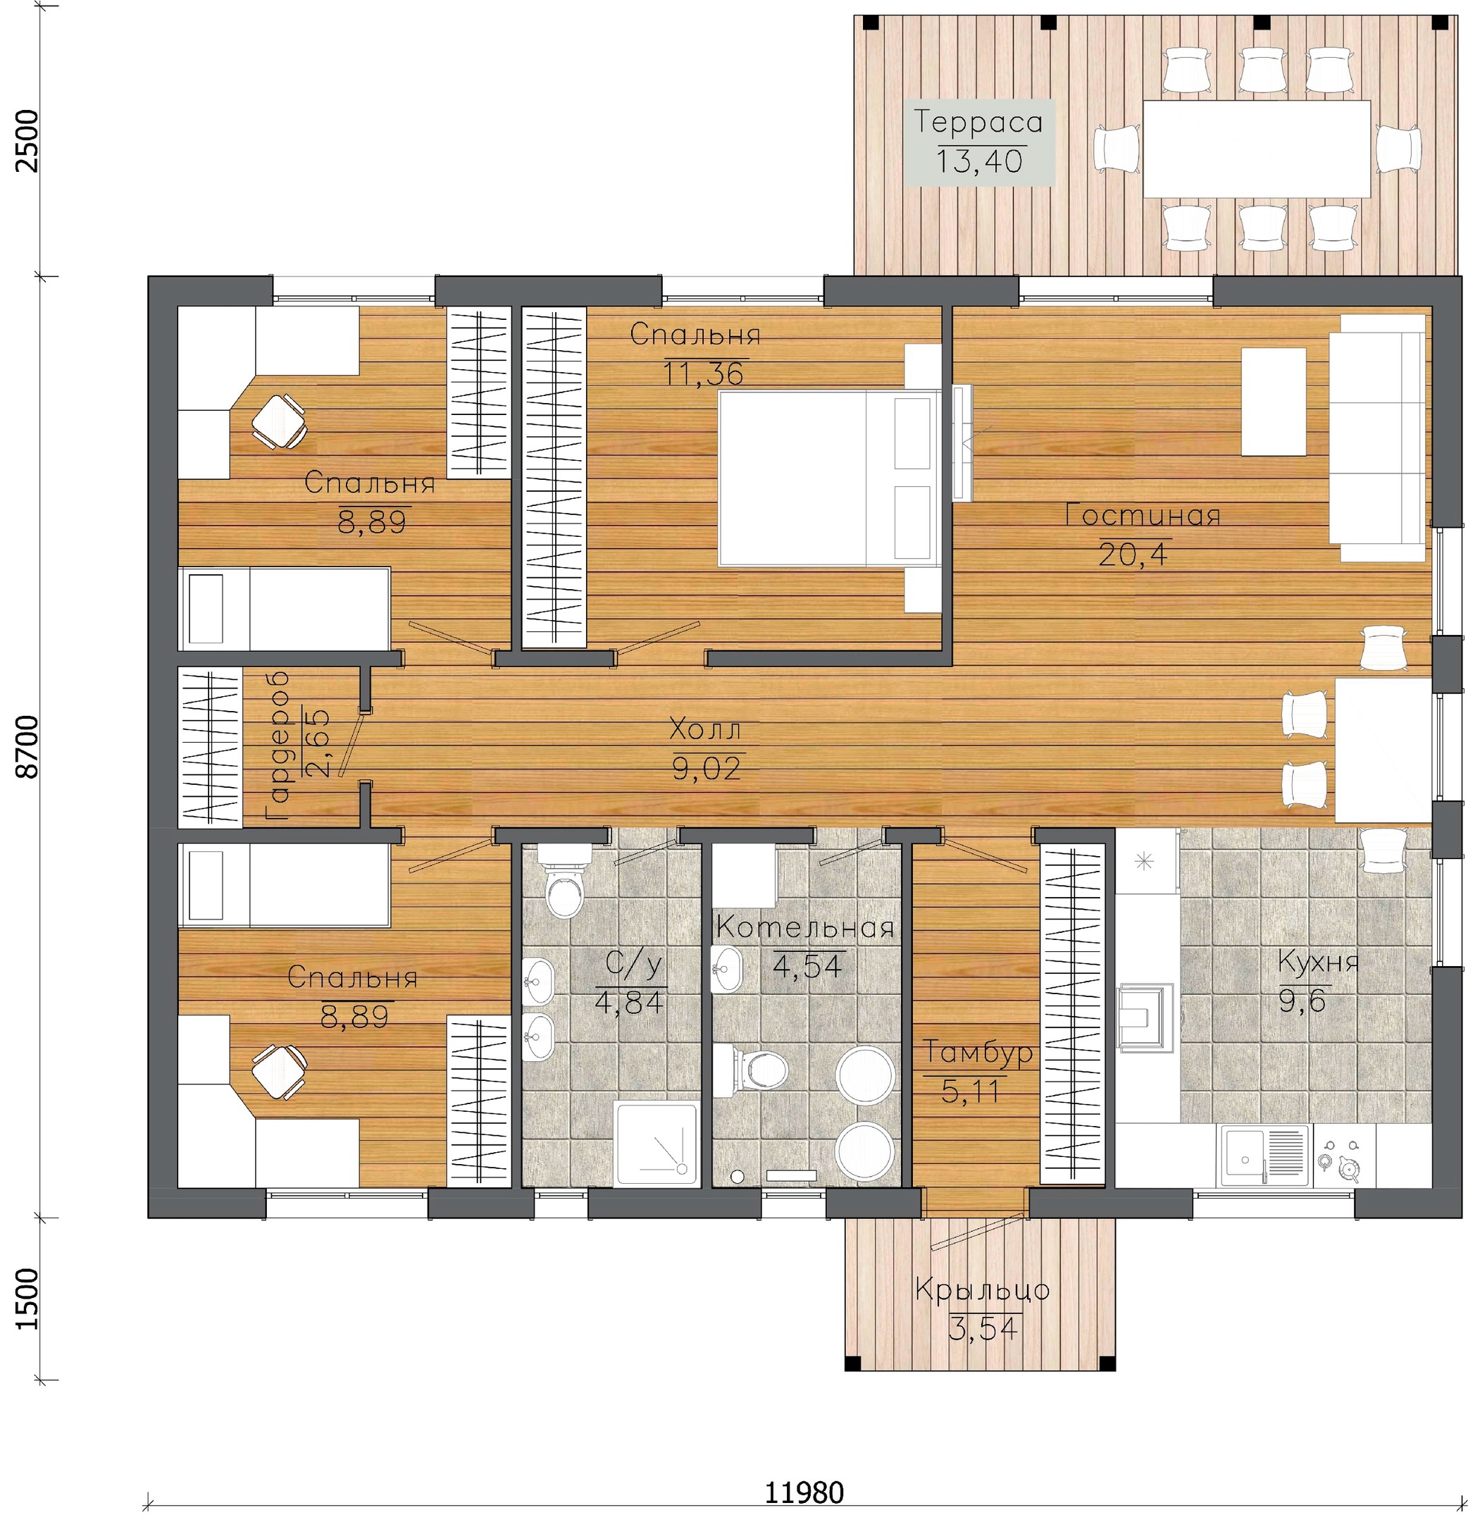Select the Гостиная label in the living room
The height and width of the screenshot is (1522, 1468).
pos(1142,516)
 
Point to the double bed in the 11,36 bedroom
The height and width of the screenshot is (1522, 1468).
pos(828,478)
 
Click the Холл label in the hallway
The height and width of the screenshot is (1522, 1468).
pos(705,730)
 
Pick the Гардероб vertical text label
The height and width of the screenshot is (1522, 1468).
pos(278,745)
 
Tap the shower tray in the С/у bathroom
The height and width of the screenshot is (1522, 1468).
pos(657,1143)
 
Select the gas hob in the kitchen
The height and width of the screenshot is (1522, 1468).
pos(1342,1156)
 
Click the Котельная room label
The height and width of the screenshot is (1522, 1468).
pos(804,928)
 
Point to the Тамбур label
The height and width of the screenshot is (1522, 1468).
pos(977,1052)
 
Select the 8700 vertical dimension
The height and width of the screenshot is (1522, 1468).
pos(27,746)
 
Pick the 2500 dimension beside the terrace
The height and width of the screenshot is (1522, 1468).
pos(27,142)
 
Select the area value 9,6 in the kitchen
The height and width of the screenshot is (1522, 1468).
pos(1302,1002)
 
